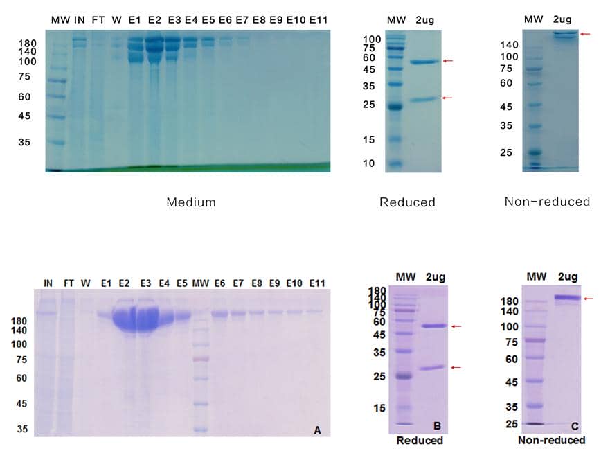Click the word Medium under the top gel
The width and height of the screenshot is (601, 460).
(191, 202)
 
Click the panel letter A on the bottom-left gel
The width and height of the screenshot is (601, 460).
(318, 430)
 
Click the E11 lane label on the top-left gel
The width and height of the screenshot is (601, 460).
(319, 19)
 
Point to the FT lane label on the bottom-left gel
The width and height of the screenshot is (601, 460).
(69, 283)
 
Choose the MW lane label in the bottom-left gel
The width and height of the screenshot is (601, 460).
(200, 283)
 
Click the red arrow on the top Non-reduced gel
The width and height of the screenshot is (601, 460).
(585, 33)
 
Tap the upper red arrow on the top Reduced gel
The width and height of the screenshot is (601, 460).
(447, 61)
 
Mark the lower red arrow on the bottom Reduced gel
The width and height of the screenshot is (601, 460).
(456, 367)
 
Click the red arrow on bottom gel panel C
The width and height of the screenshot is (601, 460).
(588, 299)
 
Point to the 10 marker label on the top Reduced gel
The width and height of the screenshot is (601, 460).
(370, 163)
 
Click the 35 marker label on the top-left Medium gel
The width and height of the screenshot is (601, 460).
(24, 142)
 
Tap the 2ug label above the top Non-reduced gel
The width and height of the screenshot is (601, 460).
(562, 18)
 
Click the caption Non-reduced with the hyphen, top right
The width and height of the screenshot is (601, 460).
(547, 202)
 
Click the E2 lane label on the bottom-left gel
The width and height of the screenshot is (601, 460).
(125, 283)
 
